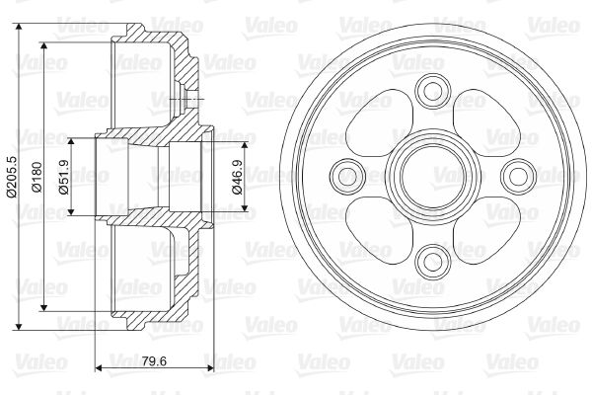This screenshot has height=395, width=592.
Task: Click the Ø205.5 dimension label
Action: (x=11, y=177)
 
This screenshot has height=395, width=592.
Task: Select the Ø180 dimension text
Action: (x=37, y=177)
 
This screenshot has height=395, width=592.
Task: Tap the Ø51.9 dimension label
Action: (x=64, y=177)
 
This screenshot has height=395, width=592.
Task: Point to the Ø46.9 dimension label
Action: (x=238, y=177)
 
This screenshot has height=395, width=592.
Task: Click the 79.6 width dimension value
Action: (x=155, y=361)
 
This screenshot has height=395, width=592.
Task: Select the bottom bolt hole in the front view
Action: (x=433, y=262)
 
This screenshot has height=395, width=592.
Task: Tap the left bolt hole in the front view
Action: (x=347, y=176)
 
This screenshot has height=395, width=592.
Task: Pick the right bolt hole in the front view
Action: (x=518, y=176)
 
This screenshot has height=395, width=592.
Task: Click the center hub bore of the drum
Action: (x=433, y=176)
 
